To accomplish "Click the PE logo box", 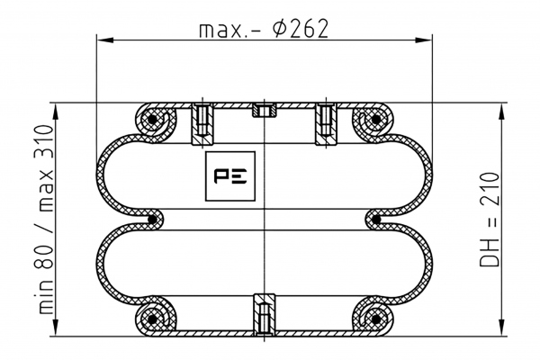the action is [230, 176].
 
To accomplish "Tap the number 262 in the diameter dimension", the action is [309, 29].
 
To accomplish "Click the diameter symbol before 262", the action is [279, 29].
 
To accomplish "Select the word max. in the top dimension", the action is [221, 31].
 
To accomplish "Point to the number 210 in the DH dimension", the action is [490, 189].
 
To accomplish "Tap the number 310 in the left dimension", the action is [44, 142].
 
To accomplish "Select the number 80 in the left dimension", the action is [44, 256].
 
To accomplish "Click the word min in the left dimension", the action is [45, 297].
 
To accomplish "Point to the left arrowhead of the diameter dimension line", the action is [105, 40].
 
